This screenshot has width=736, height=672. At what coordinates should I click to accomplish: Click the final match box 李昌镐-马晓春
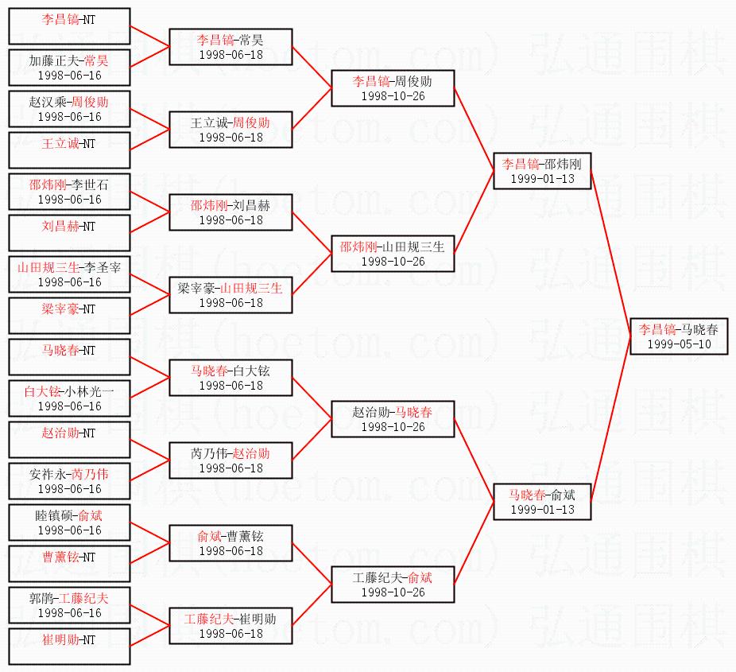click(x=679, y=336)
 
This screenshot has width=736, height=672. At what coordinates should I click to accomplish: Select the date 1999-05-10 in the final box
click(x=679, y=344)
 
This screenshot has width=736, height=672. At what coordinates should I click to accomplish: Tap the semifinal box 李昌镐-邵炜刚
click(x=542, y=171)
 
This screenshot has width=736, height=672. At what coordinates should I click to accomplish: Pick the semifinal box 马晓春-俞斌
click(x=542, y=502)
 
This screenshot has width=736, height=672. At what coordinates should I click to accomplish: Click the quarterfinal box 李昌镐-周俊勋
click(x=393, y=88)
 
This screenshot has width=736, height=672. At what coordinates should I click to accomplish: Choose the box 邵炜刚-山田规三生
click(x=393, y=254)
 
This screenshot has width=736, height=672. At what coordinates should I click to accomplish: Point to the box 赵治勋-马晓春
click(x=393, y=419)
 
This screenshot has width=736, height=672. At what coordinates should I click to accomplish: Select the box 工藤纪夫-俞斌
click(x=393, y=585)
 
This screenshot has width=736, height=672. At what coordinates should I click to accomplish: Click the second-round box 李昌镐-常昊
click(x=231, y=47)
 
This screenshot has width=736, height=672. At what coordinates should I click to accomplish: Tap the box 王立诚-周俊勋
click(x=231, y=130)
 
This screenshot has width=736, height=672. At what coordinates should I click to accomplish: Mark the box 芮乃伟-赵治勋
click(x=231, y=460)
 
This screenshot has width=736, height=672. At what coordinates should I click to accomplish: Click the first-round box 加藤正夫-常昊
click(x=69, y=68)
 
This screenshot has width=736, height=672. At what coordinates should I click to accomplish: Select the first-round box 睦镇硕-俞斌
click(x=69, y=522)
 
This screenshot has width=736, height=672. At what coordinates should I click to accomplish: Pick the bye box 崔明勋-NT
click(x=69, y=647)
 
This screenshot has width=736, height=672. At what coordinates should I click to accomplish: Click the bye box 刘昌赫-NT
click(x=69, y=233)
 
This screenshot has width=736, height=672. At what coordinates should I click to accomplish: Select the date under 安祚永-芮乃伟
click(x=69, y=489)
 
